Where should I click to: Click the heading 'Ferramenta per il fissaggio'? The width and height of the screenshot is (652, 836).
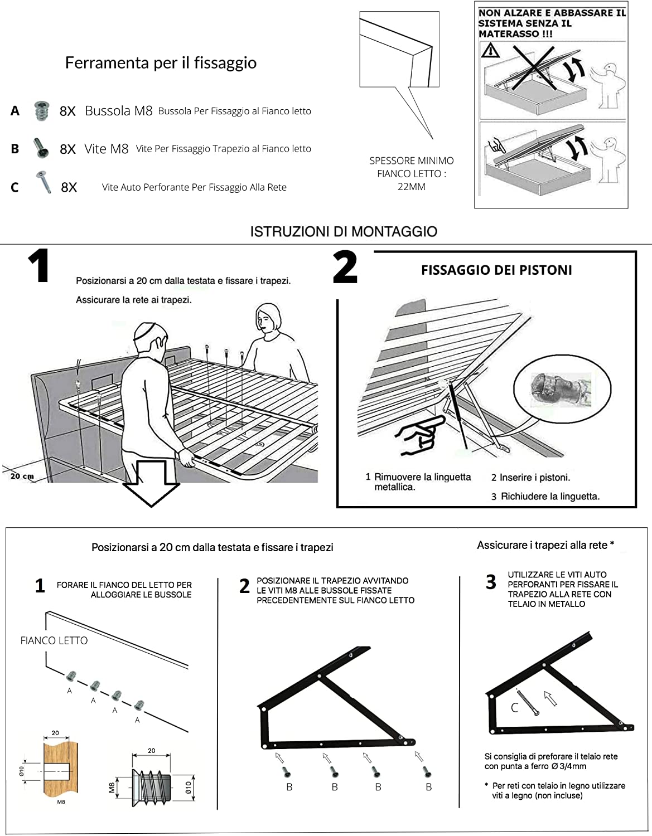click(x=161, y=63)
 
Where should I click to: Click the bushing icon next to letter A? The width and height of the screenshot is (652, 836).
click(x=41, y=110)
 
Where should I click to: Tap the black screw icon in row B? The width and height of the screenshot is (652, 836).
click(x=41, y=148)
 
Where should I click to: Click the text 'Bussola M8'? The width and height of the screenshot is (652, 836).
click(x=118, y=111)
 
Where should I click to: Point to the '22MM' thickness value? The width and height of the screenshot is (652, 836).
click(x=411, y=187)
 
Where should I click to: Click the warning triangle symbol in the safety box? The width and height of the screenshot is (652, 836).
click(x=490, y=51)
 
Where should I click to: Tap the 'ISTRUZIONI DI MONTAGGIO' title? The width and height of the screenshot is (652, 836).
click(x=343, y=232)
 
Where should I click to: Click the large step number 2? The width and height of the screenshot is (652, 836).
click(x=345, y=268)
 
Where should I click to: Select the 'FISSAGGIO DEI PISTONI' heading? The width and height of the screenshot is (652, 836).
click(x=496, y=270)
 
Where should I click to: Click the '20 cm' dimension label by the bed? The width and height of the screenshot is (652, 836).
click(x=22, y=476)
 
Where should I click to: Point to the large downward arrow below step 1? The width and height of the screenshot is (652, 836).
click(x=151, y=483)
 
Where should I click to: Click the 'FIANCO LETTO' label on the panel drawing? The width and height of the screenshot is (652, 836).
click(x=54, y=641)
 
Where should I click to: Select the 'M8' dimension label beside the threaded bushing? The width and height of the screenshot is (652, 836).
click(x=112, y=787)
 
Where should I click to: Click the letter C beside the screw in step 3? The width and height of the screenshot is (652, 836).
click(x=514, y=708)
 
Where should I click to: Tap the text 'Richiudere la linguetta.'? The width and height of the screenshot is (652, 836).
click(x=550, y=497)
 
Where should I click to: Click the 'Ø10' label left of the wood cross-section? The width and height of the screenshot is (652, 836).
click(x=22, y=771)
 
